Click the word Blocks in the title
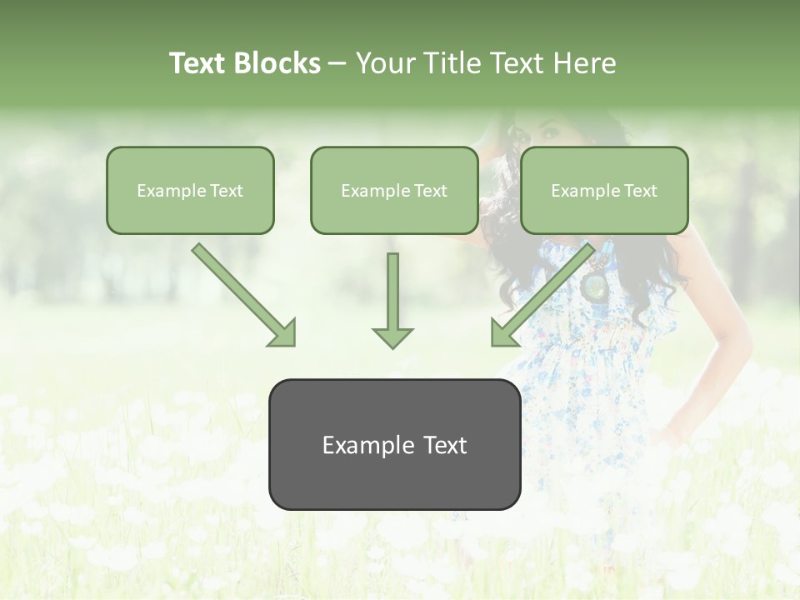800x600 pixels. [278, 63]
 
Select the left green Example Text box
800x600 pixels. [190, 190]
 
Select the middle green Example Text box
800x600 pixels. [394, 190]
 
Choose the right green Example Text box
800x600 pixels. [604, 190]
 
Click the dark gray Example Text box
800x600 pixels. [394, 444]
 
